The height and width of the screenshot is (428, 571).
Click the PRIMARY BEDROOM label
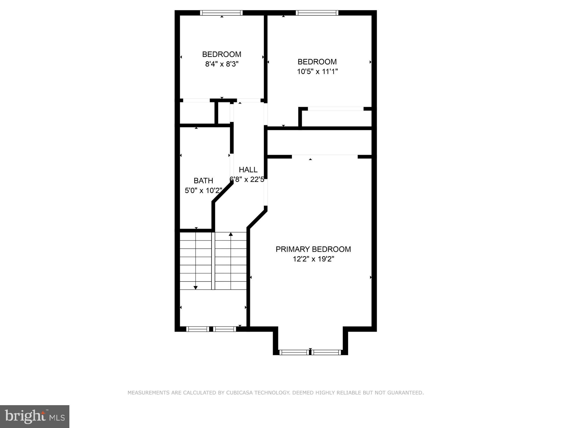click(x=313, y=249)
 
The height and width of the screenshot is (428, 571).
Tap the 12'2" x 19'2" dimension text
click(x=313, y=259)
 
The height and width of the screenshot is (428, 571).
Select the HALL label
click(x=248, y=170)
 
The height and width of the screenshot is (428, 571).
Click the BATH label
click(x=203, y=180)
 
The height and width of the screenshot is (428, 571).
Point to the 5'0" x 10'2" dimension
click(x=203, y=190)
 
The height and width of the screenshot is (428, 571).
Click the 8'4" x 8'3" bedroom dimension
click(x=222, y=64)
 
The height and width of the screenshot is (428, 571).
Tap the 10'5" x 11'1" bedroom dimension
click(x=317, y=71)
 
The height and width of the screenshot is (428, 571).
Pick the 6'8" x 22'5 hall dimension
click(x=247, y=180)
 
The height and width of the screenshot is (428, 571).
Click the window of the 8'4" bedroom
click(x=221, y=13)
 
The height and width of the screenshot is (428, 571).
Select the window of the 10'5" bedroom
click(x=317, y=13)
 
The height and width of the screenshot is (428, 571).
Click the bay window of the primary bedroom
click(x=310, y=352)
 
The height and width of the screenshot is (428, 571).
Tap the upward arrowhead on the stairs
click(x=231, y=234)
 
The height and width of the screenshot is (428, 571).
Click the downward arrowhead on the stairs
click(x=196, y=288)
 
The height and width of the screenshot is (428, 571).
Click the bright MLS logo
click(x=35, y=417)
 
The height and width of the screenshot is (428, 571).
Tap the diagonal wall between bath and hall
click(x=223, y=193)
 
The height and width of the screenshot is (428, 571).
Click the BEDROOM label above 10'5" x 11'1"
click(x=317, y=62)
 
